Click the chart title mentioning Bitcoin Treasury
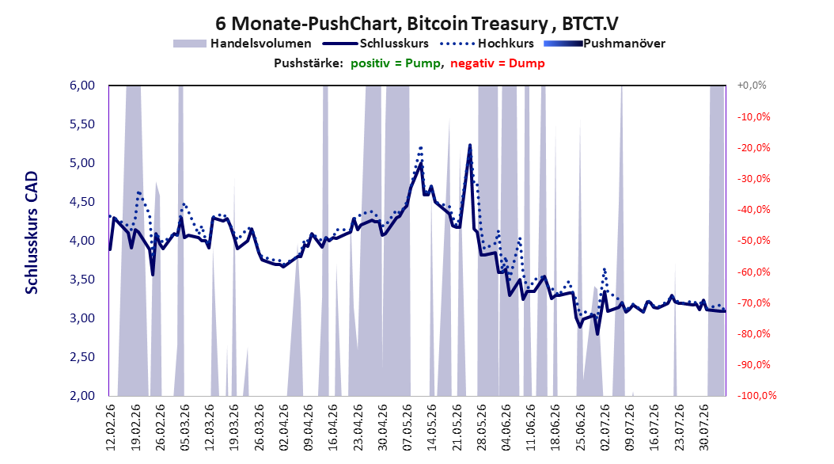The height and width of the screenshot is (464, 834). (416, 24)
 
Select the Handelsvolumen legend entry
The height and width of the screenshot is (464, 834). (242, 44)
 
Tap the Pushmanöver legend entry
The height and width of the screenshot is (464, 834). (605, 44)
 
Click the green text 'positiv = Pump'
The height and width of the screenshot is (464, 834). (395, 63)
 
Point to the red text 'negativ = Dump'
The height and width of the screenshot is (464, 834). (498, 63)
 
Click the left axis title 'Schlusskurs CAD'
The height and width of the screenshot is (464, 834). (32, 233)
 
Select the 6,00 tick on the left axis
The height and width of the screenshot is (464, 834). (82, 86)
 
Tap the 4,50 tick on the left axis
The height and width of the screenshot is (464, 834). (82, 202)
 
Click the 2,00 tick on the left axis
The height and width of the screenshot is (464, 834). (82, 395)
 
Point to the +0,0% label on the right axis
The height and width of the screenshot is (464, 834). (752, 86)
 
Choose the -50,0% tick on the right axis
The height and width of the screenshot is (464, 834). (753, 241)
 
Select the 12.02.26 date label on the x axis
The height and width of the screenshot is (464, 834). (111, 428)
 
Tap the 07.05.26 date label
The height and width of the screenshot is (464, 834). (408, 428)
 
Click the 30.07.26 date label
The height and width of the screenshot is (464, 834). (704, 428)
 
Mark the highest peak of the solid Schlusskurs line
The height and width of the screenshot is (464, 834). (470, 145)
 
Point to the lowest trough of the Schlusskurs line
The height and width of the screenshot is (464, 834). (597, 334)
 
